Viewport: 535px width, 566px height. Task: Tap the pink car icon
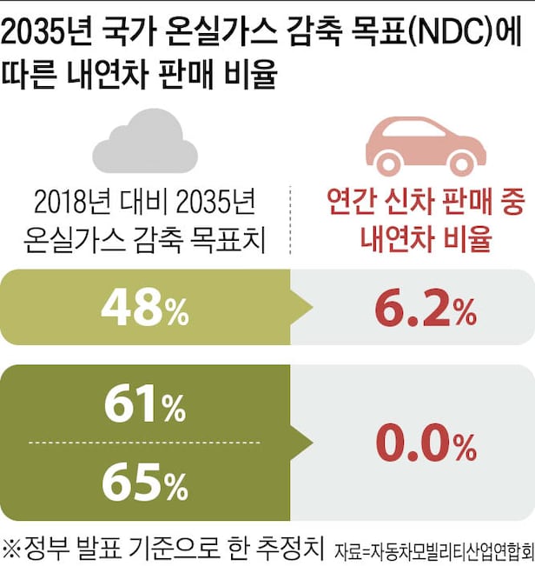[x=426, y=143]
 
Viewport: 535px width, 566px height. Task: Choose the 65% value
[x=144, y=483]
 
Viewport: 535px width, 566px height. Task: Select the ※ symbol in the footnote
[x=13, y=549]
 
